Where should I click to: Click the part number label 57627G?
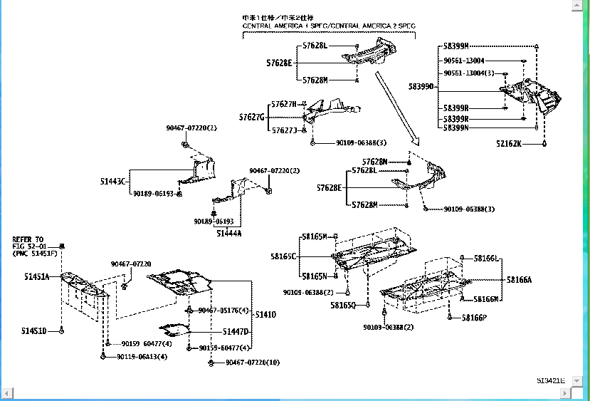(x=251, y=117)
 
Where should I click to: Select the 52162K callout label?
(x=509, y=143)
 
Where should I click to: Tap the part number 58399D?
(x=421, y=86)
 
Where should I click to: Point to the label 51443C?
(x=112, y=181)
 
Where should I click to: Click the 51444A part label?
(x=229, y=233)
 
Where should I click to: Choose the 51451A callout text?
(x=36, y=276)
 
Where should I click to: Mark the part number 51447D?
(x=236, y=332)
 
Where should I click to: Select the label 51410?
(x=265, y=314)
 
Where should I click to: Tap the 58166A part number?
(x=519, y=280)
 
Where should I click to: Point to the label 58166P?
(x=473, y=318)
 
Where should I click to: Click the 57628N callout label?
(x=374, y=162)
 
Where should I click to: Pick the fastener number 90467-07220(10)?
(x=253, y=363)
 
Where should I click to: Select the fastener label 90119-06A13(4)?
(x=142, y=356)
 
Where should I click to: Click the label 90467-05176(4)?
(x=223, y=310)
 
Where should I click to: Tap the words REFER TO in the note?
(x=28, y=239)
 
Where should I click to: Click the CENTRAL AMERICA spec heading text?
(x=329, y=26)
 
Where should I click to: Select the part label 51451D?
(x=35, y=330)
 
